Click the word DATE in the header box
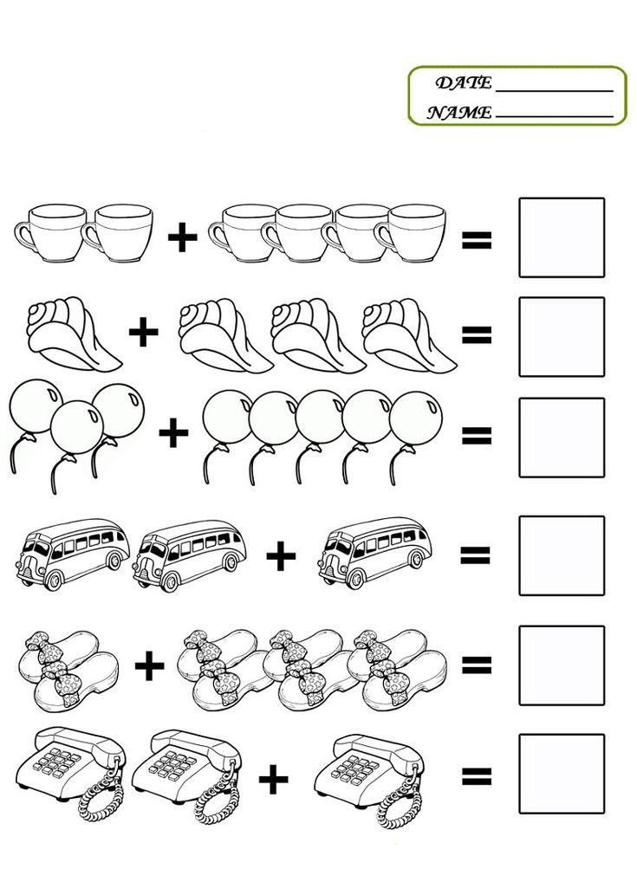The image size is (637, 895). tap(463, 83)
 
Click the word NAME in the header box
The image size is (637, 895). tap(459, 113)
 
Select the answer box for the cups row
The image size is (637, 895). tap(562, 237)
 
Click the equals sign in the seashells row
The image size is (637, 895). tap(477, 334)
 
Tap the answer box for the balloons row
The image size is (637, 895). tap(562, 438)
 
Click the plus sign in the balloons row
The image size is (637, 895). tap(173, 432)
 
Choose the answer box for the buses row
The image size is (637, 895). tap(562, 555)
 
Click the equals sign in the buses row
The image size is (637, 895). tap(476, 555)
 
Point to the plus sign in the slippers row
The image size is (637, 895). tap(150, 665)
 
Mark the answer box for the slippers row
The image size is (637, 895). tap(562, 665)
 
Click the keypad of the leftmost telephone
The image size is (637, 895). tap(56, 762)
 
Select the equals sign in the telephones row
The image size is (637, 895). tap(477, 775)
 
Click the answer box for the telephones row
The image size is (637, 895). tap(562, 774)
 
